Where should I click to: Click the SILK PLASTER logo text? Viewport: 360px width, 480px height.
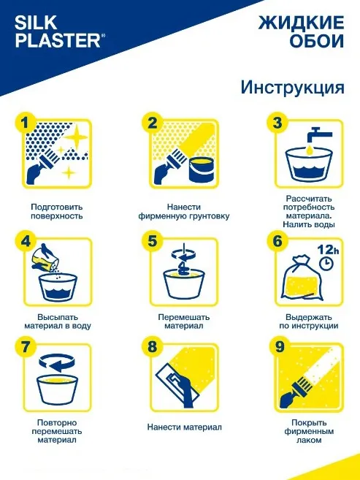click(x=60, y=32)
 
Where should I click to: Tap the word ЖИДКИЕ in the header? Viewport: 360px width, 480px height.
click(x=302, y=23)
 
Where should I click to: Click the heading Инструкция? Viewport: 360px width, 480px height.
click(x=292, y=87)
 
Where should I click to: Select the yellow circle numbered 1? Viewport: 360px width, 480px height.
click(x=26, y=123)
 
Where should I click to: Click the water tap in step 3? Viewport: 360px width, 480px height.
click(x=318, y=135)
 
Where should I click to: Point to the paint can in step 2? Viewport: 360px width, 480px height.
click(x=202, y=169)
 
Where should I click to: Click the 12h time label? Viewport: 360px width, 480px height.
click(x=328, y=249)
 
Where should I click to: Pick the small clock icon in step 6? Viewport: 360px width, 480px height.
click(x=326, y=263)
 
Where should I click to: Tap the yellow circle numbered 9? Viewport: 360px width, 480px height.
click(x=280, y=347)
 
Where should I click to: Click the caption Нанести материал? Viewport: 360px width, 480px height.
click(x=185, y=427)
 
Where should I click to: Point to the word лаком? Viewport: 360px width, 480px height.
click(x=309, y=441)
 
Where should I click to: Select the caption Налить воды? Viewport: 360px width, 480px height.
click(x=309, y=224)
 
